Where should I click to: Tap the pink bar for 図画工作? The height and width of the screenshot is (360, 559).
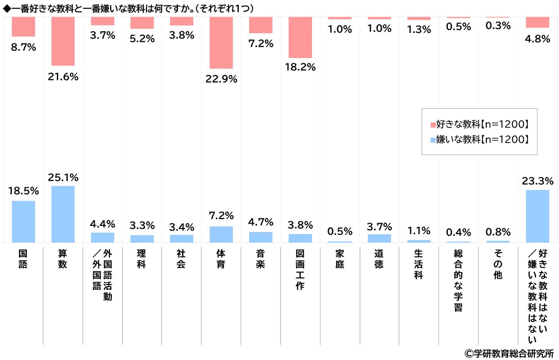[300, 37]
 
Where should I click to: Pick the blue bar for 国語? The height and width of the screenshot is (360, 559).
[23, 221]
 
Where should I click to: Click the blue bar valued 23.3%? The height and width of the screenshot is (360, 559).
[537, 216]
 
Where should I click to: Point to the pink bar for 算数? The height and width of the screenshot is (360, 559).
[63, 41]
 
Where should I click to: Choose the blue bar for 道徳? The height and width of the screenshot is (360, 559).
[379, 238]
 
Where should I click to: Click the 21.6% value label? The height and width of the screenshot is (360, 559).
[63, 76]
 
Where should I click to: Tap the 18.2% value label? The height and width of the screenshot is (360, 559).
[300, 67]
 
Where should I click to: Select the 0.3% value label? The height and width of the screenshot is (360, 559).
[498, 26]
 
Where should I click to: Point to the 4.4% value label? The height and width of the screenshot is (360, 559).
[102, 224]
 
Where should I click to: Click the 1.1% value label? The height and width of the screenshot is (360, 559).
[419, 231]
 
